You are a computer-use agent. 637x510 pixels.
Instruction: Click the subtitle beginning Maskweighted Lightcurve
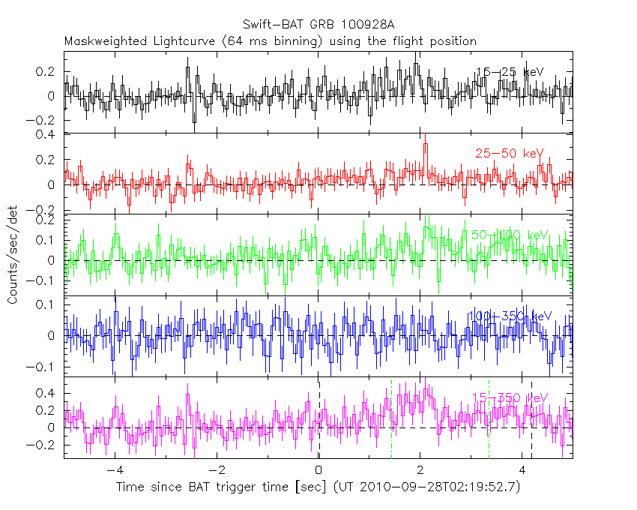point(270,41)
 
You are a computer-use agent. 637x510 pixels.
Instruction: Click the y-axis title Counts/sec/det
point(13,255)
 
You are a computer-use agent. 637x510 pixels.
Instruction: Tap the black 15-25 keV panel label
point(509,72)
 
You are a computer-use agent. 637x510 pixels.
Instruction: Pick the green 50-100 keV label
point(509,235)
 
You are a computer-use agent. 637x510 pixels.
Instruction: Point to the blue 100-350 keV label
point(509,316)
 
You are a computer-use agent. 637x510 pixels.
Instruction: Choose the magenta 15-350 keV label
point(509,397)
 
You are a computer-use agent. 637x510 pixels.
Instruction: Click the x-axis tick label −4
point(114,471)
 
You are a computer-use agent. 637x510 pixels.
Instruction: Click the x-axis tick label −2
point(216,471)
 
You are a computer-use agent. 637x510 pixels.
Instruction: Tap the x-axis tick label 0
point(318,471)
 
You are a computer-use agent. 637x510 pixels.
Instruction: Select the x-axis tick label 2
point(420,471)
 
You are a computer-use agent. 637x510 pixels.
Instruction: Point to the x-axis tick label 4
point(522,471)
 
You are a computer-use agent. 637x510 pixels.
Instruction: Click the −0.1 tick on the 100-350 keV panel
point(46,367)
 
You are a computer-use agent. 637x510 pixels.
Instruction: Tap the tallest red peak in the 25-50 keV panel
point(425,145)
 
